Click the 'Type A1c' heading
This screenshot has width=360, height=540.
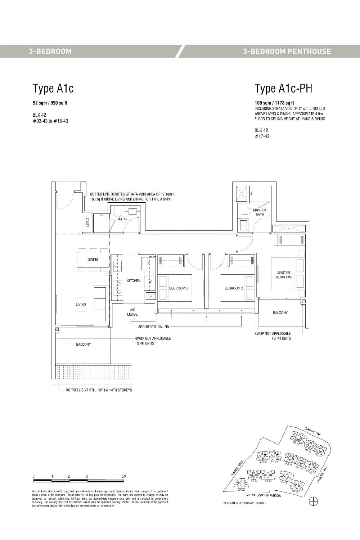[53, 88]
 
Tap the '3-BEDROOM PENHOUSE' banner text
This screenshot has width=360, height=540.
[287, 51]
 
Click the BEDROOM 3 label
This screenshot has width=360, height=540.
[178, 288]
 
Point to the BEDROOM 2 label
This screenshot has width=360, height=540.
[234, 288]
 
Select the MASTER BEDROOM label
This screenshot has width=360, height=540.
[284, 275]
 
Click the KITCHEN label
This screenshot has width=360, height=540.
[134, 281]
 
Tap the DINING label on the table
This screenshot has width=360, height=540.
[93, 259]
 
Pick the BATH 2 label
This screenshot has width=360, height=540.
[122, 219]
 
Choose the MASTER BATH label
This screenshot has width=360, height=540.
[260, 212]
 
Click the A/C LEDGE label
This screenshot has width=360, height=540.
[132, 312]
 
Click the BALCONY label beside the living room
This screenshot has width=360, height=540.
[84, 345]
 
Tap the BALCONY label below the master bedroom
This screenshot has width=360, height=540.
[280, 313]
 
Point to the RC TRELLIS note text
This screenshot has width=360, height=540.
[99, 390]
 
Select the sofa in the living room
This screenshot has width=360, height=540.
[100, 304]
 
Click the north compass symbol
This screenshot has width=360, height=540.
[314, 501]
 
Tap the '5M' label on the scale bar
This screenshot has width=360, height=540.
[124, 476]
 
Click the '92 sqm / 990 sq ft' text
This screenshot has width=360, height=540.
[50, 103]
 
